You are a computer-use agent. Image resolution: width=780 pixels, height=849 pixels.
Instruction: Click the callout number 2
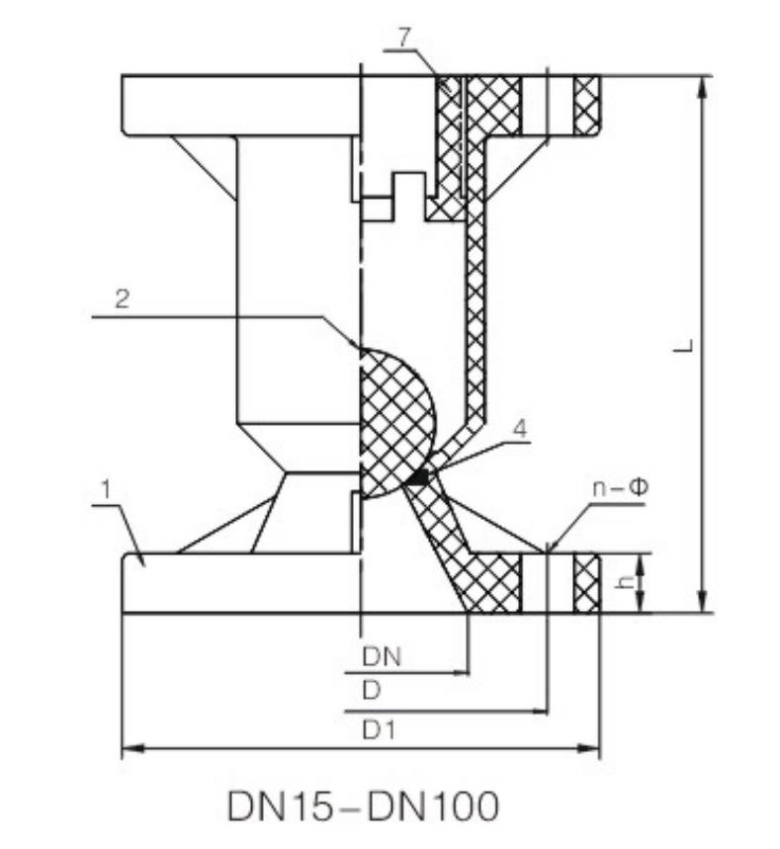(x=122, y=300)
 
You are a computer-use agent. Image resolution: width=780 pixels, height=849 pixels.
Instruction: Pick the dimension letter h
(x=623, y=583)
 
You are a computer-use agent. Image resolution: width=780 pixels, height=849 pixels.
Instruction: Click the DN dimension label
(x=380, y=654)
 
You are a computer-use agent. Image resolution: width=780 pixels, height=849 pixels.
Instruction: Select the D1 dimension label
(x=379, y=729)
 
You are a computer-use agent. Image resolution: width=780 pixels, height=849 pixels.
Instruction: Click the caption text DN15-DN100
(x=363, y=806)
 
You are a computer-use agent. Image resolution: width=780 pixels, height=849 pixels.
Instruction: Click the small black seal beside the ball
(x=419, y=478)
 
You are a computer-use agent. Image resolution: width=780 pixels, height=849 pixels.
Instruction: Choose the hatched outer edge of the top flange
(x=587, y=105)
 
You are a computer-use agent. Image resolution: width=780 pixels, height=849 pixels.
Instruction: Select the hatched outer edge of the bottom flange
(x=587, y=583)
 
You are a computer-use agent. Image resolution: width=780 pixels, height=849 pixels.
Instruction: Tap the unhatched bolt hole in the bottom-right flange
(x=560, y=583)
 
